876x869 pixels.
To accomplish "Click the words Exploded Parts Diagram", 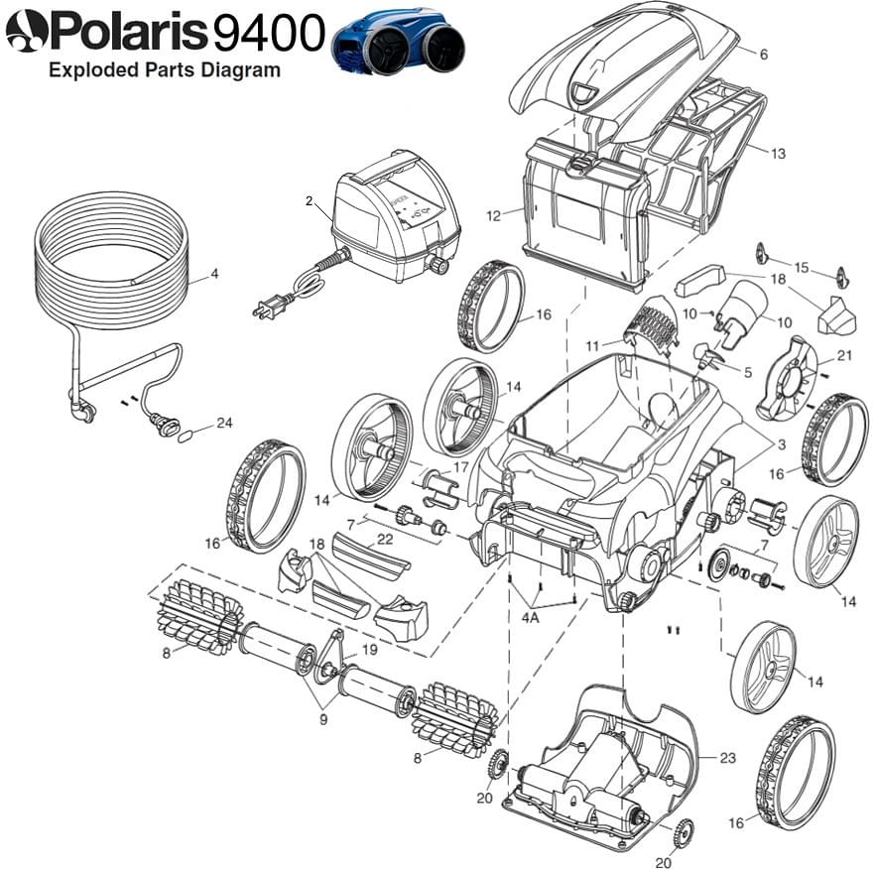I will tap(165, 70).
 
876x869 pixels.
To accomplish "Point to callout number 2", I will tap(310, 201).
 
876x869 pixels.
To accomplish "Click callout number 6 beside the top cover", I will tap(763, 55).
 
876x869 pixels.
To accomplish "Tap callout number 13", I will tap(777, 153).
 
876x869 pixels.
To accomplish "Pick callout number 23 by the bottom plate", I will tap(727, 758).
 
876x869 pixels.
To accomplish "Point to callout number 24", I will tap(224, 424).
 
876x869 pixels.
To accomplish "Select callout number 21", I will tap(844, 355).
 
